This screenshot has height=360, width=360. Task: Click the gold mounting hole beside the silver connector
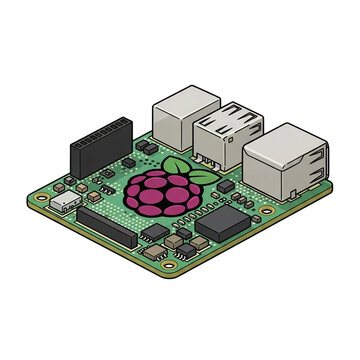(x=42, y=198)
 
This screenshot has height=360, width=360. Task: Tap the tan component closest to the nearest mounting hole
(x=176, y=243)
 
